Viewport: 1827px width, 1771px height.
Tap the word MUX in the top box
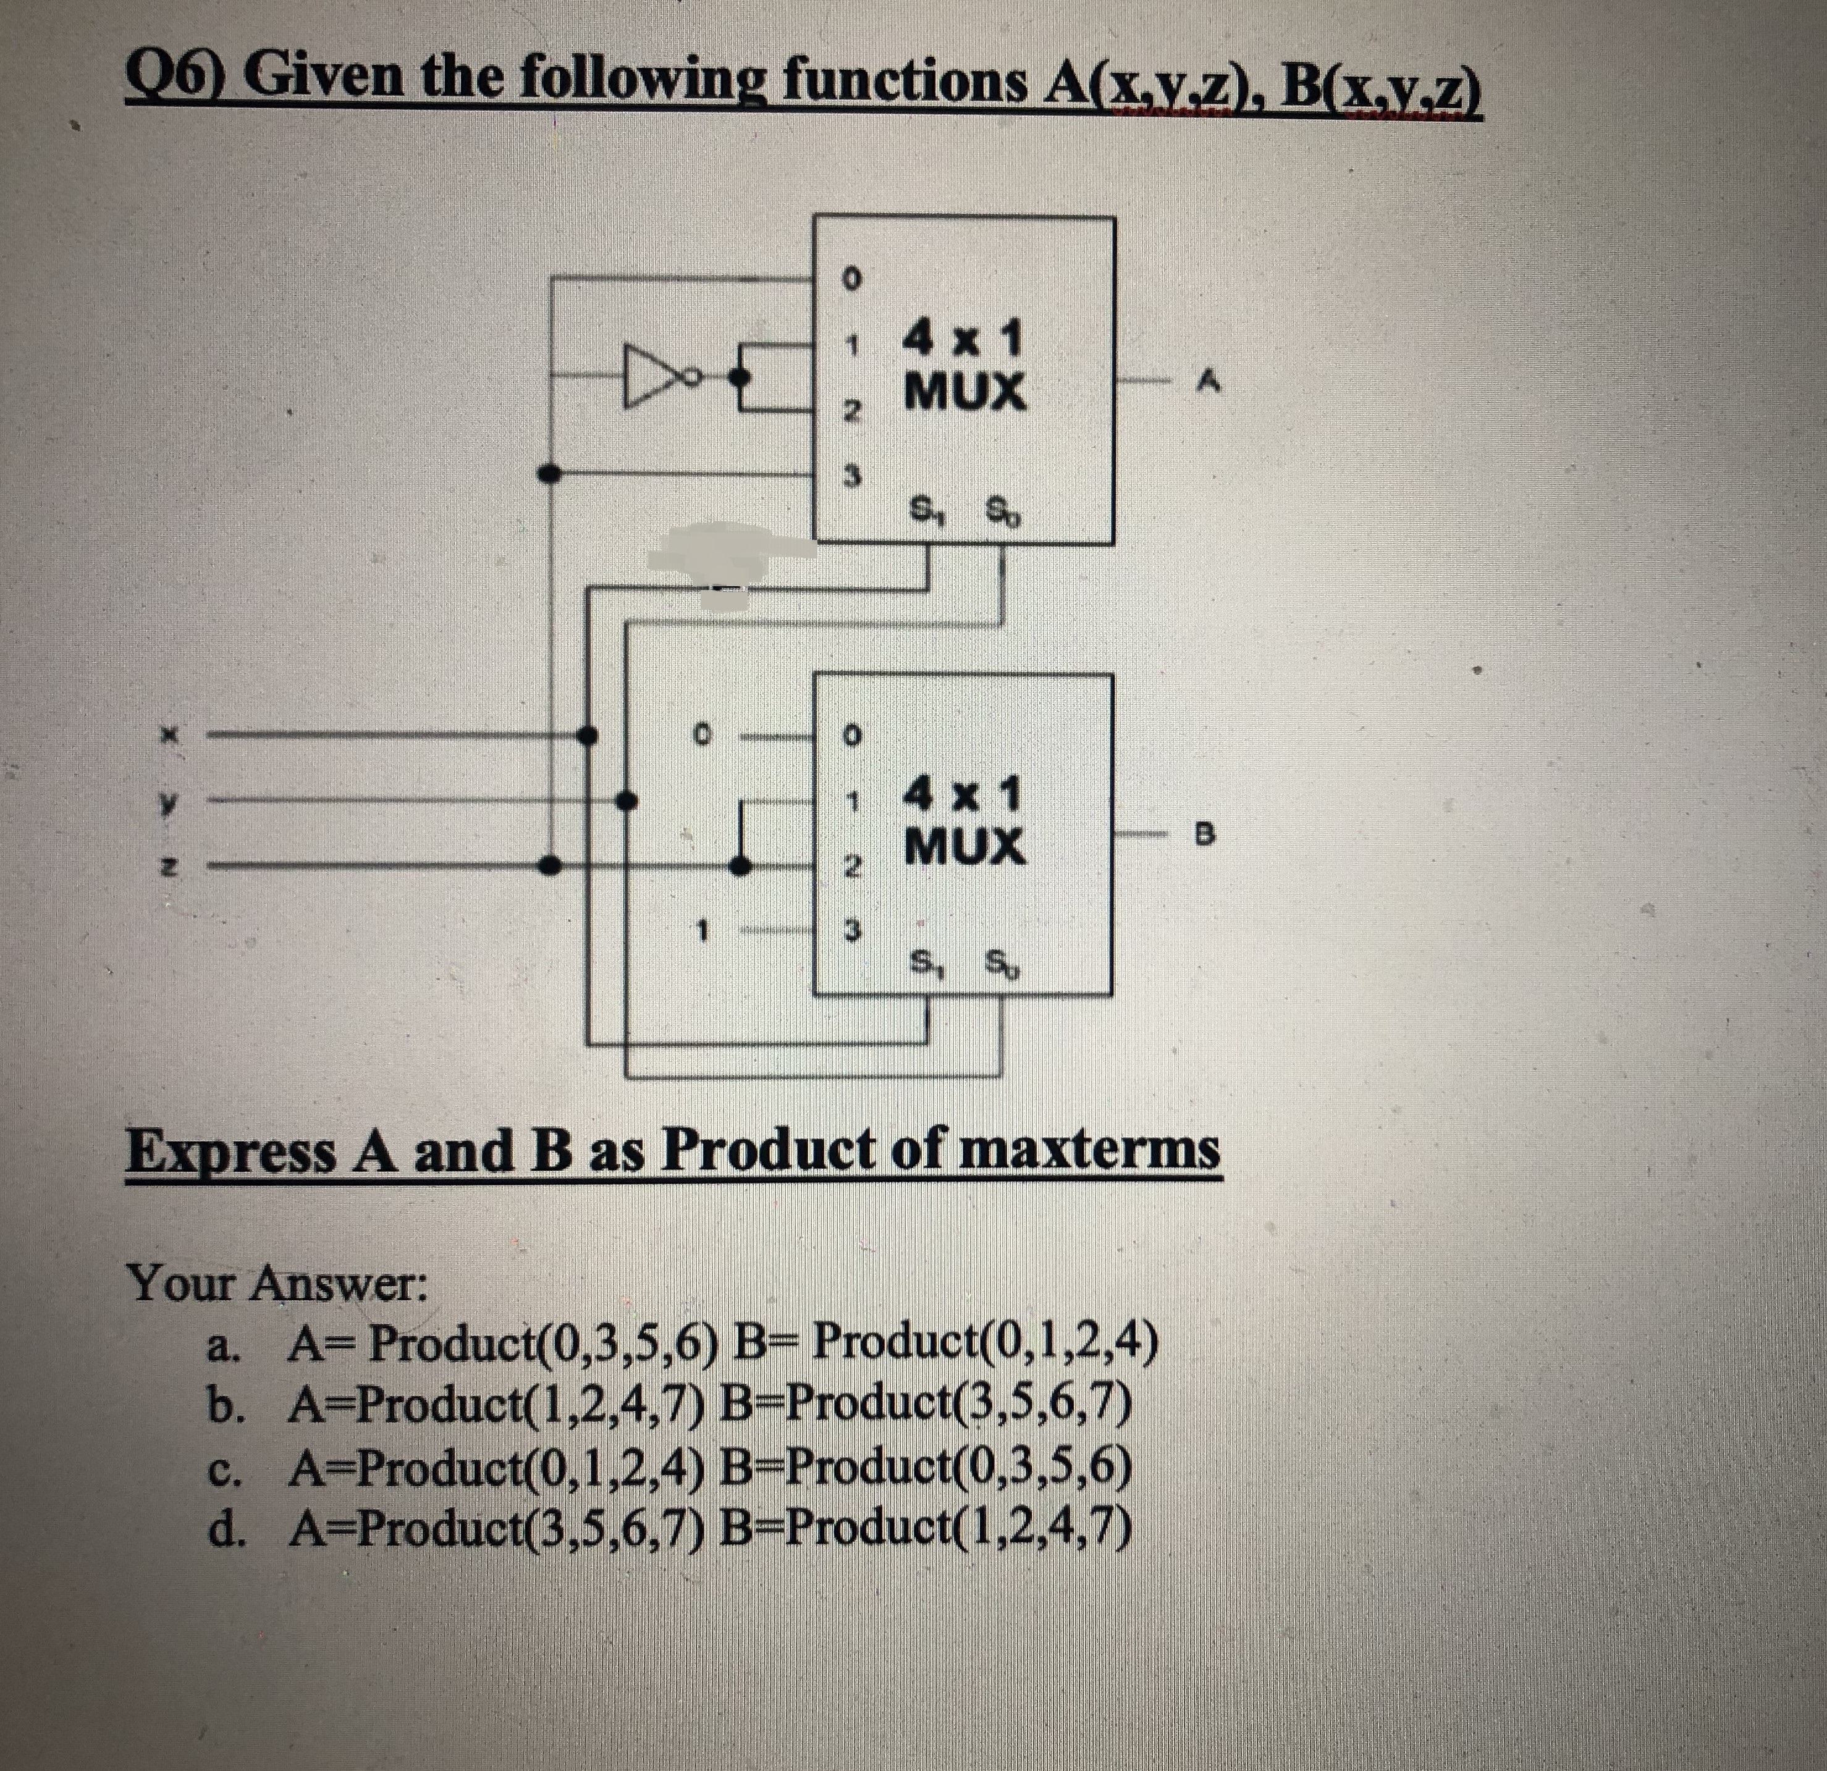(x=966, y=392)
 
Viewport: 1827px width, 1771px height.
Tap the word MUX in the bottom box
(x=966, y=846)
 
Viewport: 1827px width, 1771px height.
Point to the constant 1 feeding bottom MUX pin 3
(x=706, y=929)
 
